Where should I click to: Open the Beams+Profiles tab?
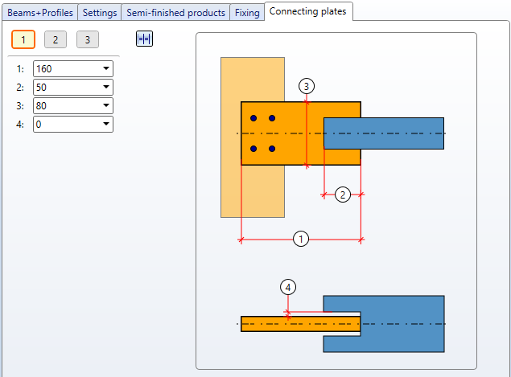tap(40, 13)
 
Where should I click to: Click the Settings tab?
tap(100, 13)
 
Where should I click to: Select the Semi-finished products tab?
tap(175, 13)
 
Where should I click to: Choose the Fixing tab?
tap(247, 13)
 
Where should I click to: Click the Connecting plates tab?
tap(308, 11)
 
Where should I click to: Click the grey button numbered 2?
tap(56, 39)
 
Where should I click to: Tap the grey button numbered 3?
tap(88, 39)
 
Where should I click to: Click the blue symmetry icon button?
tap(144, 39)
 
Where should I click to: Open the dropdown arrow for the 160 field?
tap(106, 68)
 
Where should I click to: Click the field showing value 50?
tap(73, 88)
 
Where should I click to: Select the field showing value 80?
tap(73, 106)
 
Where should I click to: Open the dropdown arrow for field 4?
tap(106, 124)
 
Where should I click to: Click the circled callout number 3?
tap(307, 86)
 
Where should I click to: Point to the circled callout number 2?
tap(343, 195)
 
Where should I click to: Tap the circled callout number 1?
tap(301, 239)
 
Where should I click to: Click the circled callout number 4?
tap(288, 287)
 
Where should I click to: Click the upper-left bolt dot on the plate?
tap(253, 118)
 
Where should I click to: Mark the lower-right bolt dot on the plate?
tap(272, 149)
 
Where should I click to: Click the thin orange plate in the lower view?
tap(300, 324)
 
